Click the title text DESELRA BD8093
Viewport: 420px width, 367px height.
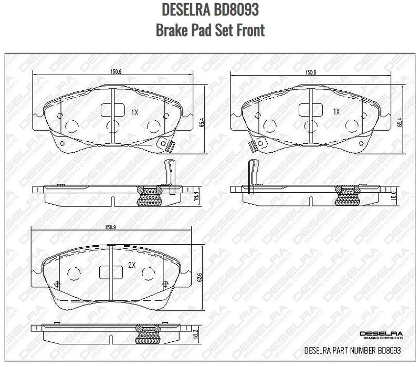tap(210, 10)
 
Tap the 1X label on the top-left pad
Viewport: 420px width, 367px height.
tap(134, 112)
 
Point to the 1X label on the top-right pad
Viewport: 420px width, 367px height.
tap(336, 112)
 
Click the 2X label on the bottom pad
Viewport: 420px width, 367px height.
tap(132, 266)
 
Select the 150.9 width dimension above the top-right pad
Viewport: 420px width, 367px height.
tap(311, 72)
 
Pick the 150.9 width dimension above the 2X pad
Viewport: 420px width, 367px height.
tap(110, 227)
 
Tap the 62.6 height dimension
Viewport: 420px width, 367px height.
tap(200, 277)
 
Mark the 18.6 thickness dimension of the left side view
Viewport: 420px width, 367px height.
tap(196, 196)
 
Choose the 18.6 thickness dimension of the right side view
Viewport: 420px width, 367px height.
tap(393, 196)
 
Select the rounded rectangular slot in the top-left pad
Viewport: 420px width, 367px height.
tap(110, 110)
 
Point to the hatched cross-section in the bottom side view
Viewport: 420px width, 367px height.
tap(148, 333)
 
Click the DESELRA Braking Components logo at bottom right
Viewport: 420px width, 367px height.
tap(381, 335)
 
